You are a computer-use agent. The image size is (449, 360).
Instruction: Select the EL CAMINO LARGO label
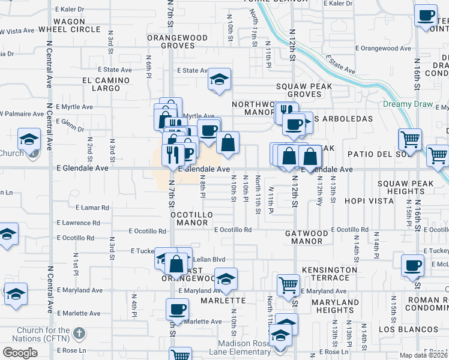(x=106, y=84)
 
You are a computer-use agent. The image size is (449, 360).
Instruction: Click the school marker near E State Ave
(x=220, y=80)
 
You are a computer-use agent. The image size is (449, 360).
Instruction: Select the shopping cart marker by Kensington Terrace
(x=289, y=284)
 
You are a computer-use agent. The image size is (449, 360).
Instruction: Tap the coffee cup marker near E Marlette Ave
(x=178, y=310)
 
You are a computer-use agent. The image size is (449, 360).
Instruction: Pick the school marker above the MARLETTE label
(x=226, y=279)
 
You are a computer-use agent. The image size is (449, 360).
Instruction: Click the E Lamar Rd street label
(x=92, y=208)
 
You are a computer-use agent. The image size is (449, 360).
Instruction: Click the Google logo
(x=20, y=353)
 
